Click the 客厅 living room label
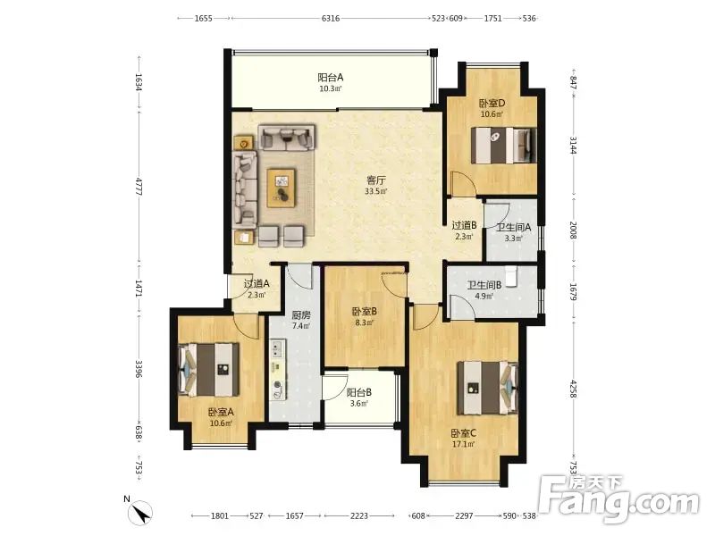(x=376, y=180)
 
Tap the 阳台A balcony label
(x=330, y=78)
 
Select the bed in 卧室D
(x=503, y=145)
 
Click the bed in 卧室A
(x=209, y=369)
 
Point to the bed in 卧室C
(x=487, y=388)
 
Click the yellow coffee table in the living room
(x=282, y=188)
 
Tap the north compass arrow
(x=142, y=513)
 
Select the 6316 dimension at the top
(x=331, y=18)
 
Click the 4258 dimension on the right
(x=573, y=389)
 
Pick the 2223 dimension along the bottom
(x=359, y=515)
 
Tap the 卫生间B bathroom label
(x=484, y=285)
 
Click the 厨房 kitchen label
(x=301, y=315)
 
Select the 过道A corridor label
(x=257, y=283)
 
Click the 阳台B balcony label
(x=359, y=392)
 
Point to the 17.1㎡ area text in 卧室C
(x=463, y=444)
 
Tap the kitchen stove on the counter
(x=277, y=349)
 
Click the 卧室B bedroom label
(x=365, y=312)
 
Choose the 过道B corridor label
(x=464, y=225)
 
